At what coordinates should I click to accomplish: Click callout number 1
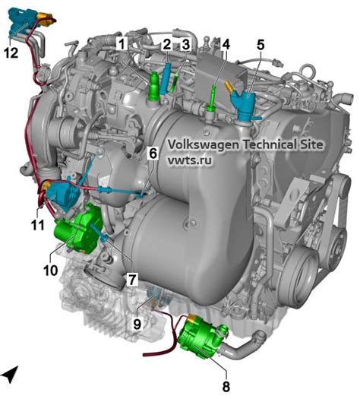pos(122,44)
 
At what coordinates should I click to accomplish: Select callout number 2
pos(167,45)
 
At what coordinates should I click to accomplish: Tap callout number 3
pos(186,45)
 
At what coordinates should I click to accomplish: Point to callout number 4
pos(226,44)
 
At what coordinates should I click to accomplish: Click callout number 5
pos(261,45)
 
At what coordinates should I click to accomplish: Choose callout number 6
pos(153,154)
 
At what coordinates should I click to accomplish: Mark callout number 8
pos(226,386)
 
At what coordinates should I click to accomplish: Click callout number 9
pos(137,324)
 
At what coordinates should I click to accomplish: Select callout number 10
pos(51,271)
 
